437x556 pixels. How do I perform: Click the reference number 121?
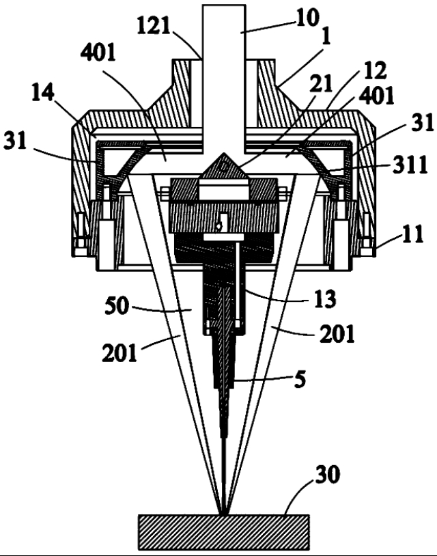(154, 25)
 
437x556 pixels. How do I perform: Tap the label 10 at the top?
(308, 18)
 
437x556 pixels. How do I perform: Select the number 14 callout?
(43, 92)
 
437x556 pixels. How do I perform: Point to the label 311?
(410, 165)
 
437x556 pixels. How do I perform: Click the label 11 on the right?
(412, 234)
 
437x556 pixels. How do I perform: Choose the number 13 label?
(325, 298)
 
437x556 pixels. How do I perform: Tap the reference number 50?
(117, 306)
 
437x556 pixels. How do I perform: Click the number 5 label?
(300, 379)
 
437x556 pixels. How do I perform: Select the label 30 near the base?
(328, 474)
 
